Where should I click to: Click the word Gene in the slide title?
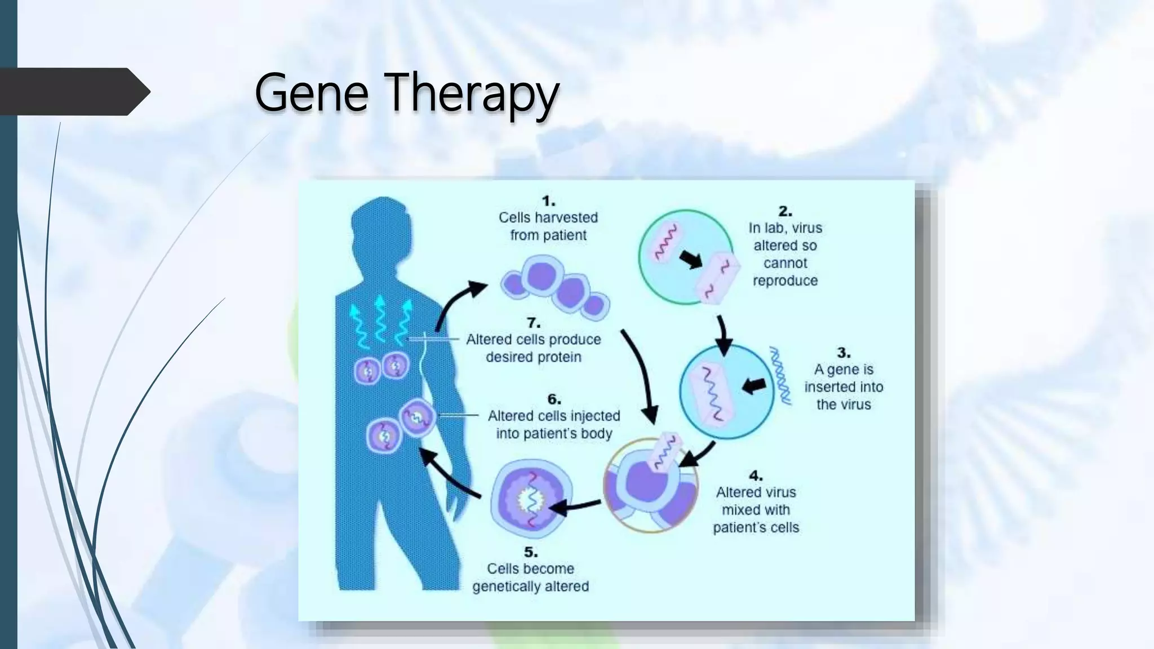312,93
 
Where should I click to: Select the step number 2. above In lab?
785,212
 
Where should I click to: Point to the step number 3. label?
844,353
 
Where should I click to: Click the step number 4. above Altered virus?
756,476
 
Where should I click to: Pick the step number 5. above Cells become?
531,553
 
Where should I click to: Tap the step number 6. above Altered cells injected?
554,399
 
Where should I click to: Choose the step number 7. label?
534,323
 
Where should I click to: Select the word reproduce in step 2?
785,281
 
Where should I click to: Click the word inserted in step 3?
829,387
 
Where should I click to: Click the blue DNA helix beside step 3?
782,376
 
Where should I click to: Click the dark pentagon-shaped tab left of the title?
73,92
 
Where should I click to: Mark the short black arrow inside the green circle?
691,260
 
